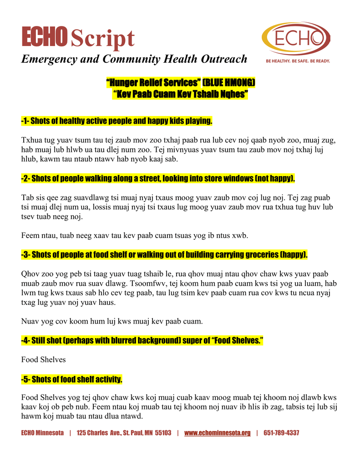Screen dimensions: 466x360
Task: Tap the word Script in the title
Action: pos(102,38)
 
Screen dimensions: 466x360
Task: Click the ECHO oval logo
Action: pos(296,38)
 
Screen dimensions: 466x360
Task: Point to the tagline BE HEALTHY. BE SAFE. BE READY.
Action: pos(298,61)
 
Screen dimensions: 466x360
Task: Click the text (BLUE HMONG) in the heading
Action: pos(229,82)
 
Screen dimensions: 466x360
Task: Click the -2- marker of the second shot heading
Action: pos(25,178)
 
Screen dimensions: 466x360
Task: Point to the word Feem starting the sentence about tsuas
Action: pos(30,236)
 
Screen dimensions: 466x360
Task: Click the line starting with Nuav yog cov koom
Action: pos(112,321)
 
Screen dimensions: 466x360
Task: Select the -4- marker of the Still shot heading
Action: pos(25,340)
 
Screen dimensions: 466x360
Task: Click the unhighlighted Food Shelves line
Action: pos(44,360)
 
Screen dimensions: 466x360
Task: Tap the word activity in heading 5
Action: pos(107,379)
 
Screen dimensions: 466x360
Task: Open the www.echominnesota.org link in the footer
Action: pos(217,433)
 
